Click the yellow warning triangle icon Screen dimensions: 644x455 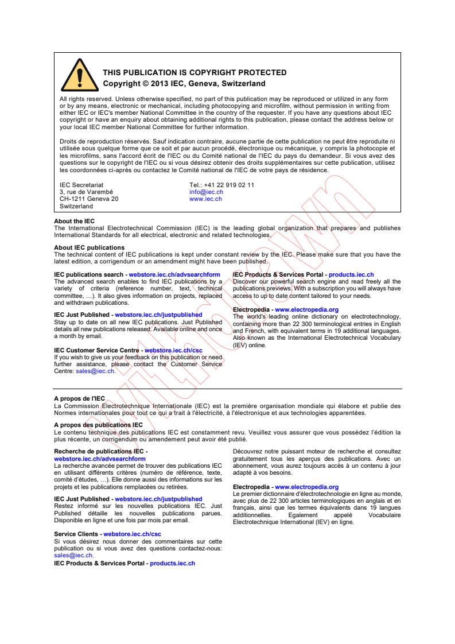pyautogui.click(x=79, y=76)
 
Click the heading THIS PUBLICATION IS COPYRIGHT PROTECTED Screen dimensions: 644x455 pyautogui.click(x=195, y=73)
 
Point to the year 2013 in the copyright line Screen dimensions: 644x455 pyautogui.click(x=156, y=83)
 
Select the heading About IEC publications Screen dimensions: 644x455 pyautogui.click(x=89, y=248)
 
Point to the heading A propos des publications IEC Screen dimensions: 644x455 pyautogui.click(x=98, y=425)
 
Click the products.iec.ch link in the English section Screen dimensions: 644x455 pyautogui.click(x=351, y=275)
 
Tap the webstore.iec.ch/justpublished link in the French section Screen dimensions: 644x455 pyautogui.click(x=158, y=499)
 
